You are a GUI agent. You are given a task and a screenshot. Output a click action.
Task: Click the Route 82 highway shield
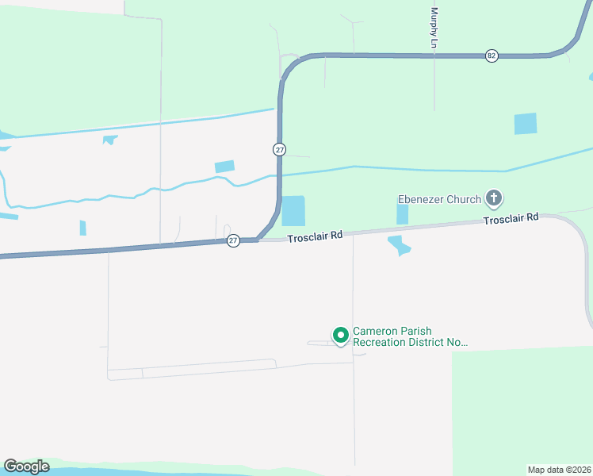(x=492, y=56)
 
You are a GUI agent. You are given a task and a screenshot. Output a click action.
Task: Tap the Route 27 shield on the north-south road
(x=280, y=149)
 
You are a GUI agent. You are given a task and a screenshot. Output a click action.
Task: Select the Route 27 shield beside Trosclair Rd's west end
(x=233, y=240)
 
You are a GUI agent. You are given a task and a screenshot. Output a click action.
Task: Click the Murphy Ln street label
(x=434, y=28)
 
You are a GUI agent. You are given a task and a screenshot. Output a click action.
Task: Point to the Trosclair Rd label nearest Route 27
(x=315, y=236)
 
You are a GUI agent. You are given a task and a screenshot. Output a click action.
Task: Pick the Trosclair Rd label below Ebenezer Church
(x=511, y=217)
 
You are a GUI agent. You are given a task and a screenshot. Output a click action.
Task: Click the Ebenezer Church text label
(x=439, y=199)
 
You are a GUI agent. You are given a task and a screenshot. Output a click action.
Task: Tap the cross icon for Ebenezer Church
(x=494, y=198)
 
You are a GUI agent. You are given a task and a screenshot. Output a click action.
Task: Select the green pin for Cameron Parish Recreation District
(x=341, y=336)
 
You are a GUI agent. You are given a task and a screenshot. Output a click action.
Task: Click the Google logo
(x=26, y=466)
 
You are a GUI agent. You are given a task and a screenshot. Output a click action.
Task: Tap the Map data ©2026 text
(x=559, y=469)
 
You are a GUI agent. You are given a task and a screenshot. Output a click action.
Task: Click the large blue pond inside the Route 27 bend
(x=293, y=211)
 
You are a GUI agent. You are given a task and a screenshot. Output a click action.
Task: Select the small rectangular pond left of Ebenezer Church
(x=402, y=214)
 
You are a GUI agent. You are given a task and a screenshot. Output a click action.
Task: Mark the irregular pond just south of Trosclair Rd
(x=400, y=246)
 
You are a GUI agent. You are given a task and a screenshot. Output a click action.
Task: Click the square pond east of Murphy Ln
(x=525, y=124)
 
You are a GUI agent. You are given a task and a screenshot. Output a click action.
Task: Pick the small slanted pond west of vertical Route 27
(x=224, y=167)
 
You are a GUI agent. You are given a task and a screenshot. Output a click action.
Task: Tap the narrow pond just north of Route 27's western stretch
(x=82, y=228)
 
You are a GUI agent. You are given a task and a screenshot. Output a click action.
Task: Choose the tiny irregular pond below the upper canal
(x=109, y=140)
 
